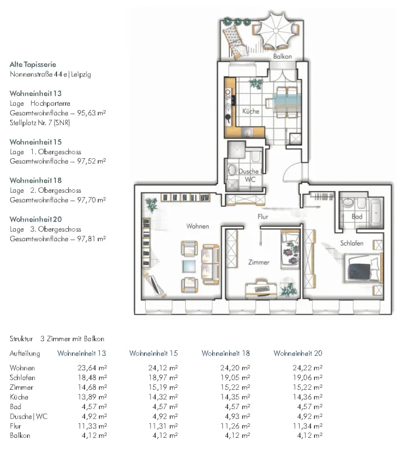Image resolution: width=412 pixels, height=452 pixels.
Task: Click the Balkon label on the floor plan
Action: click(x=282, y=56)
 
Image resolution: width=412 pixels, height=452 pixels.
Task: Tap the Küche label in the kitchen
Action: click(x=251, y=111)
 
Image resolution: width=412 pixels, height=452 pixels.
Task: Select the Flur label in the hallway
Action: click(x=263, y=216)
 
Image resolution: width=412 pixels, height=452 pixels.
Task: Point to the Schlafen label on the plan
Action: click(x=352, y=243)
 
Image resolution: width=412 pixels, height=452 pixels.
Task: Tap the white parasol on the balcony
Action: click(x=276, y=31)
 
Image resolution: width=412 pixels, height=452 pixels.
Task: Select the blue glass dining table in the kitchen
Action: click(x=286, y=101)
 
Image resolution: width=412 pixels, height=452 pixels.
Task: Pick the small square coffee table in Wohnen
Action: click(x=189, y=266)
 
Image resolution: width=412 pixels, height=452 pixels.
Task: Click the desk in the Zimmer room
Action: click(x=261, y=289)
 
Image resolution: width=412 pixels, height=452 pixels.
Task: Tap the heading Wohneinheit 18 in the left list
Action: click(x=36, y=180)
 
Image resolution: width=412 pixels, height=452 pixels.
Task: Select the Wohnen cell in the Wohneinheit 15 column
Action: click(x=163, y=368)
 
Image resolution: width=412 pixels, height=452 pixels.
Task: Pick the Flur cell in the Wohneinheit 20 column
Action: click(x=308, y=426)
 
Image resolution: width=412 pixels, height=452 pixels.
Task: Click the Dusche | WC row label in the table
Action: click(x=29, y=416)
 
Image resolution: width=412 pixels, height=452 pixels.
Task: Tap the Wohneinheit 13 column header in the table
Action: click(x=81, y=353)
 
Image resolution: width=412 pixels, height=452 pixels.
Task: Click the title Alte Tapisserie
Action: click(x=33, y=64)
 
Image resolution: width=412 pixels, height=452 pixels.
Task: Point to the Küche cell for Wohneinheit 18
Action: click(x=235, y=397)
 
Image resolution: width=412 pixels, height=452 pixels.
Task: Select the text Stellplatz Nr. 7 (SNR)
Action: click(x=40, y=123)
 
